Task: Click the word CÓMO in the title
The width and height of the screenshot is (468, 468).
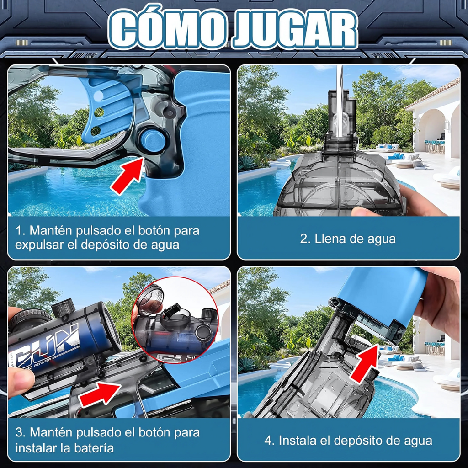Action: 168,29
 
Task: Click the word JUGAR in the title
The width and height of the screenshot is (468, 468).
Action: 296,29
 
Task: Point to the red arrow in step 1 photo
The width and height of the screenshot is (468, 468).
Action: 128,175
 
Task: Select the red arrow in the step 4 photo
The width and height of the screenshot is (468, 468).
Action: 365,363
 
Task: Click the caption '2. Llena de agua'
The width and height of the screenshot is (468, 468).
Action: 348,239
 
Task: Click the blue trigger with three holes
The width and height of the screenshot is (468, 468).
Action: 107,109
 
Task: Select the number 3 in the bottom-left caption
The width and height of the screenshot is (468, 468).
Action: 19,433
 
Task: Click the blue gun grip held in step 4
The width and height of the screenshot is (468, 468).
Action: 382,296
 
